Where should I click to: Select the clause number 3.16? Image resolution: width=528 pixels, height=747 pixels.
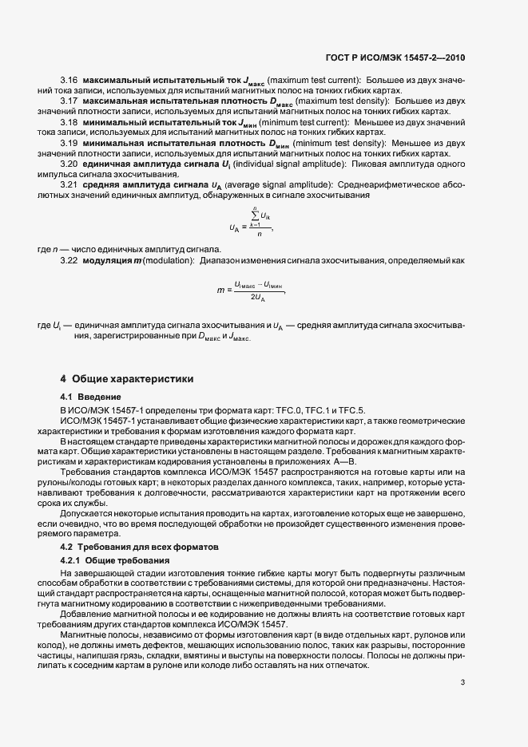point(69,81)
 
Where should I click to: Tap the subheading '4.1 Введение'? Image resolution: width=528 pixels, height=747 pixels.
point(91,397)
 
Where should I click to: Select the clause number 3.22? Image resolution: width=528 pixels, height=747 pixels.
point(69,262)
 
